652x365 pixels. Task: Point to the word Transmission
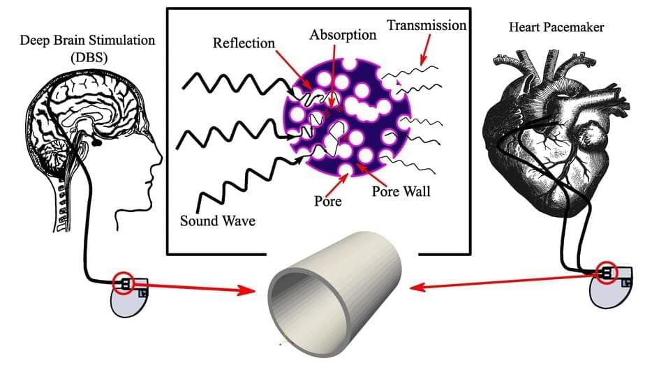pos(426,26)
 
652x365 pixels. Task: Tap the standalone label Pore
pos(328,201)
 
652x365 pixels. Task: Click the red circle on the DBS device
pos(126,283)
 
